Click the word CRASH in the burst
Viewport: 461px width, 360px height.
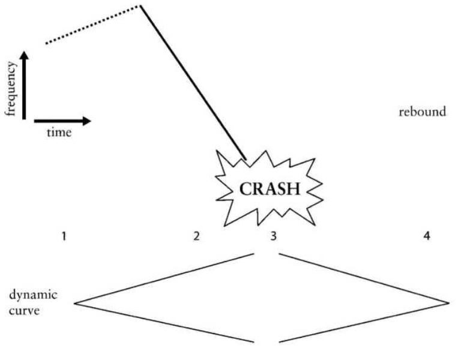[269, 189]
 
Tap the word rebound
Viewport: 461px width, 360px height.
[423, 112]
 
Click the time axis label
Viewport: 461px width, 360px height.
[59, 133]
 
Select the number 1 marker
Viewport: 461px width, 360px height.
[63, 236]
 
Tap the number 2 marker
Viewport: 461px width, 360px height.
[196, 236]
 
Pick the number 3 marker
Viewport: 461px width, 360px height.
[273, 236]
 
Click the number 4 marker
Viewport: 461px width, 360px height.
[427, 236]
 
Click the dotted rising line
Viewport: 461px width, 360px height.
[93, 25]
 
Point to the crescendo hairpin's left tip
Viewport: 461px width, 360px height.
[75, 303]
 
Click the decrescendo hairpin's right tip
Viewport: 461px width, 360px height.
[448, 303]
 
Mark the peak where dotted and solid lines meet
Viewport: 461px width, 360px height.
[140, 6]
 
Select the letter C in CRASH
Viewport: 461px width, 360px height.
[245, 189]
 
